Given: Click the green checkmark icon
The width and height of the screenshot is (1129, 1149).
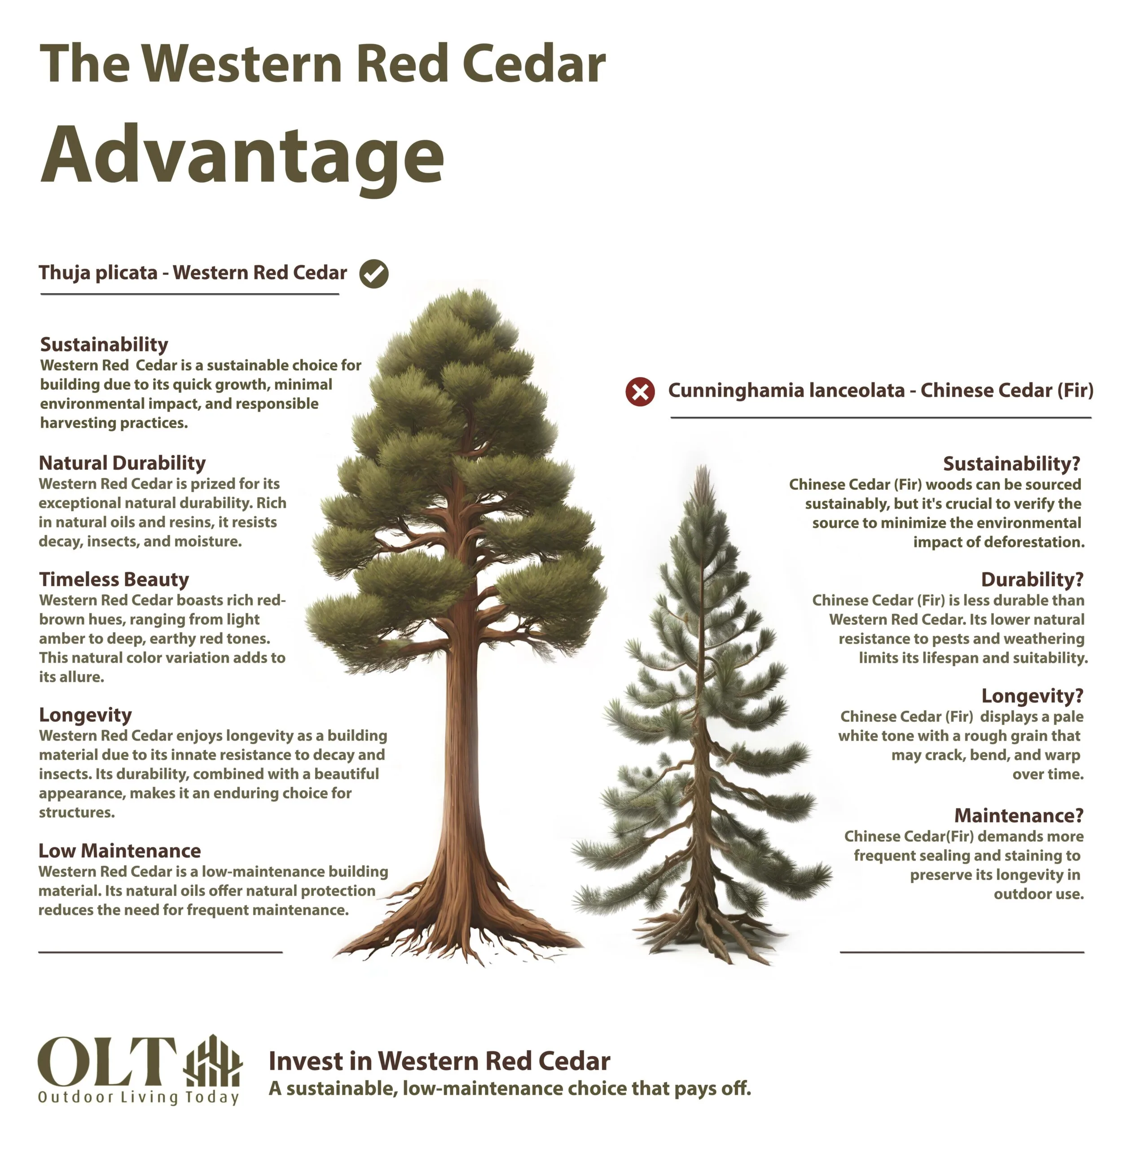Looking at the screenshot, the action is coord(373,274).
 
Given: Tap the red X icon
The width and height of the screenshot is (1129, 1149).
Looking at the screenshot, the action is coord(641,392).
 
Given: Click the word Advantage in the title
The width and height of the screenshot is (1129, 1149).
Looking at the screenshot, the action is coord(242,156).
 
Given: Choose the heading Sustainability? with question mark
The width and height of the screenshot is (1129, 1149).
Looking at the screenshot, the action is coord(1011,463).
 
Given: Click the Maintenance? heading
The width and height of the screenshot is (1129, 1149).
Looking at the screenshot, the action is coord(1019,815).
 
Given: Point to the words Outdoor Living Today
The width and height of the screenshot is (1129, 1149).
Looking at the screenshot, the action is coord(139,1097).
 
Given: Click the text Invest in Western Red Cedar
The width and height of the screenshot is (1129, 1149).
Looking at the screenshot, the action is coord(439,1061).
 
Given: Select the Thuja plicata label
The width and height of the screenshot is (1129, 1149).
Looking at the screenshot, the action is coord(193,273).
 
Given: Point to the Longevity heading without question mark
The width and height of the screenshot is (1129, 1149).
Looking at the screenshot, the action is coord(85,715).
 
